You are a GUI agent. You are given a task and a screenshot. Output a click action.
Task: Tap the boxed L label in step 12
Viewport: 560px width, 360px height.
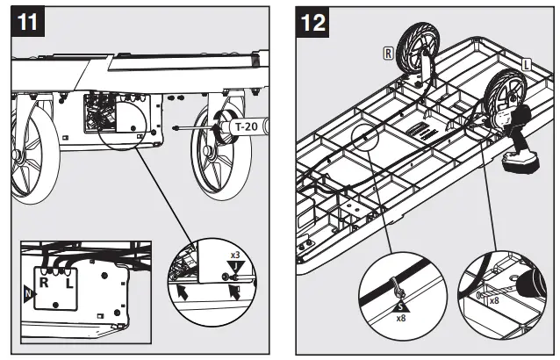(x=525, y=63)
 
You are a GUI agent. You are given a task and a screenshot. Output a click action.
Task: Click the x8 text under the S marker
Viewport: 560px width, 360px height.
(x=399, y=318)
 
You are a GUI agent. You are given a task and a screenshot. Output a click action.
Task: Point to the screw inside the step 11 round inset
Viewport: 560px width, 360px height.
(x=226, y=278)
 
